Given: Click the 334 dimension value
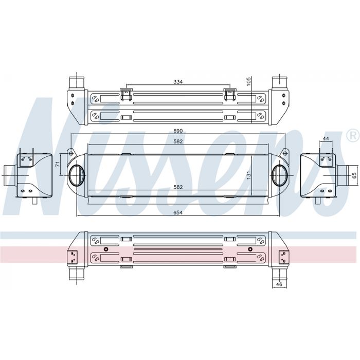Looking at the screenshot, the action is click(178, 81).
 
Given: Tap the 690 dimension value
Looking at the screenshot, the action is click(178, 131).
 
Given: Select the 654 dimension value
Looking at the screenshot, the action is click(178, 212).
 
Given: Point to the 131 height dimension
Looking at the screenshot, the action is click(249, 175).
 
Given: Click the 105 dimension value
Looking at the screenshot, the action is click(249, 81).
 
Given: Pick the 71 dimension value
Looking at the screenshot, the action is click(58, 164).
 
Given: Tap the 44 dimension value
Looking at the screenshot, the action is click(326, 138).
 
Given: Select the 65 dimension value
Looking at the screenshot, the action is click(354, 175).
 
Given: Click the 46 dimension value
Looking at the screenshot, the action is click(279, 284).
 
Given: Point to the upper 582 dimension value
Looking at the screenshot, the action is click(178, 141).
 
